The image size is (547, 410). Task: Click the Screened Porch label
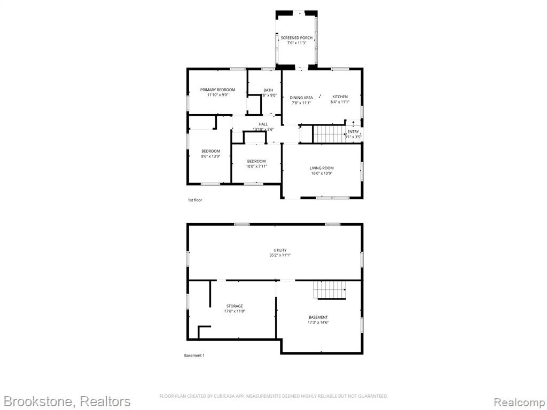click(296, 38)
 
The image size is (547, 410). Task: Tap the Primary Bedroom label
click(218, 90)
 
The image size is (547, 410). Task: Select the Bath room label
click(268, 90)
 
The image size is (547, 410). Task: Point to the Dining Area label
click(301, 98)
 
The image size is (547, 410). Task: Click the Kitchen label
click(340, 97)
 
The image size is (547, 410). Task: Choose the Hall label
click(263, 124)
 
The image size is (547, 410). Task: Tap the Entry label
click(353, 132)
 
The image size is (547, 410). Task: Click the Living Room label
click(322, 168)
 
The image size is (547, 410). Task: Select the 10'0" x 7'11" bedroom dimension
click(256, 167)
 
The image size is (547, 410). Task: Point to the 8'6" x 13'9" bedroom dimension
click(210, 156)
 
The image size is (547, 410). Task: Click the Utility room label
click(280, 250)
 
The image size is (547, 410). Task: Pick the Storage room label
click(235, 306)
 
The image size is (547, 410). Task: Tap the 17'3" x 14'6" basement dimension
click(318, 322)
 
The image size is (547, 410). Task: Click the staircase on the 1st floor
click(329, 134)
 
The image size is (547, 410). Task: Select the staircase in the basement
click(329, 290)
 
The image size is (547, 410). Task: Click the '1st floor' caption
click(195, 200)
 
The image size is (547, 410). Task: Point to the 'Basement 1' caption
click(194, 356)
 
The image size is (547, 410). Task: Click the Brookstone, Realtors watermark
click(67, 401)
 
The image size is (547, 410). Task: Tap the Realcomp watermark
click(519, 402)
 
